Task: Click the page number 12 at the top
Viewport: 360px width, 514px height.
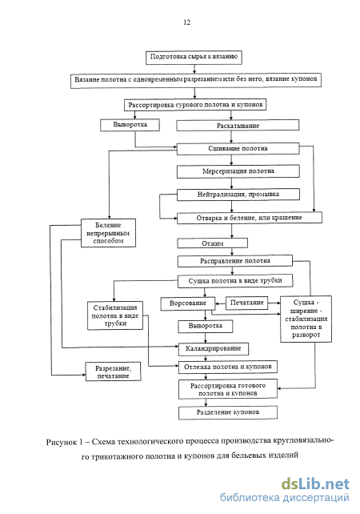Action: [x=186, y=22]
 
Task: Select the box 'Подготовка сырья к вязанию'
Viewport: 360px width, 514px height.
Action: [x=194, y=57]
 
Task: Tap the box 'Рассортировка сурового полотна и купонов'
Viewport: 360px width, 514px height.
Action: [x=195, y=105]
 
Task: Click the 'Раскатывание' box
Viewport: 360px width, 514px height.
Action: [x=238, y=126]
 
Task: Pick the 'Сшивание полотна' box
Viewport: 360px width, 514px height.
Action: [x=238, y=148]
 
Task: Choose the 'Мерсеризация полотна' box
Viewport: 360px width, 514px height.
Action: [x=238, y=171]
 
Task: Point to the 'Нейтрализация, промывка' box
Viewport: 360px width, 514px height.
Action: [x=238, y=195]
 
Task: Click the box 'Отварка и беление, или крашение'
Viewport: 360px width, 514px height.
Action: [x=250, y=218]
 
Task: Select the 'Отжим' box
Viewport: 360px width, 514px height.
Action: [x=212, y=243]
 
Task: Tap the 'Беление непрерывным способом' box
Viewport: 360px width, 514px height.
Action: [x=109, y=233]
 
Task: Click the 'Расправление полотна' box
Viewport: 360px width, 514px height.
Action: [x=235, y=261]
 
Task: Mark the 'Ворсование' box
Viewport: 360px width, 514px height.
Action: [x=188, y=303]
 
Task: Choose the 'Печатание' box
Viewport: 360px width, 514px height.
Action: [x=246, y=303]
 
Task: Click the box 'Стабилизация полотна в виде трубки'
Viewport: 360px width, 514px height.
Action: [x=115, y=315]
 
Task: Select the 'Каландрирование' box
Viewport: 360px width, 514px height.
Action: [x=214, y=349]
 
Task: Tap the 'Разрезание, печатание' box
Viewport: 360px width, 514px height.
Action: [x=114, y=371]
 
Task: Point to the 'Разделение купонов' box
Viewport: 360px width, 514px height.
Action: [x=228, y=412]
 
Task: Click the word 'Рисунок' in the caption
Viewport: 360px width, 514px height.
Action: [x=62, y=442]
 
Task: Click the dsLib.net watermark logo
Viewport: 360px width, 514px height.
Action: [x=315, y=484]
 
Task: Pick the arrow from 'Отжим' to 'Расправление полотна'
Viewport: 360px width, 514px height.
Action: [x=232, y=251]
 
